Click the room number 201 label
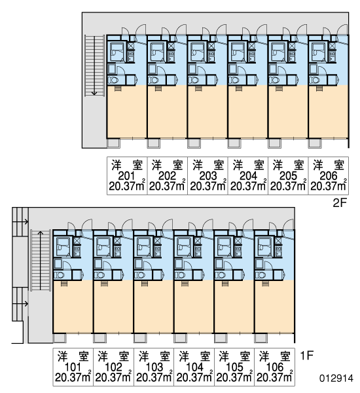tap(126, 176)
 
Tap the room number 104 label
tap(194, 367)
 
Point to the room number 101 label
tap(73, 367)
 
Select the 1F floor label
tap(306, 355)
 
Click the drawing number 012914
tap(336, 378)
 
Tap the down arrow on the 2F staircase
tap(94, 65)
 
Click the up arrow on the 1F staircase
tap(40, 261)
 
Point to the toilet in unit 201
tap(113, 80)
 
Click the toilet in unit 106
tap(261, 275)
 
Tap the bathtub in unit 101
tap(62, 247)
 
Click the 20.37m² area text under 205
tap(288, 186)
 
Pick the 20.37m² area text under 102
tap(113, 377)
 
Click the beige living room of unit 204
tap(247, 113)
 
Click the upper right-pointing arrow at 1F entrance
tap(20, 221)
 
